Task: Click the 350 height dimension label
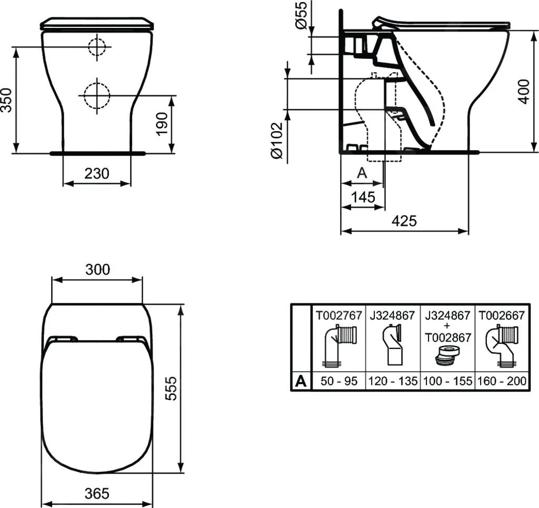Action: click(x=6, y=99)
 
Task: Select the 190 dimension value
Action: click(x=163, y=124)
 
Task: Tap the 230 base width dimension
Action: click(x=97, y=173)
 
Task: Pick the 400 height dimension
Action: click(x=524, y=91)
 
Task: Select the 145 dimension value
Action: click(x=363, y=197)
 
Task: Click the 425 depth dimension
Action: click(x=404, y=221)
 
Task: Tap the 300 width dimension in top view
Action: click(x=98, y=269)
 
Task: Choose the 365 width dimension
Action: click(x=97, y=493)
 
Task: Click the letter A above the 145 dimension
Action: click(x=362, y=173)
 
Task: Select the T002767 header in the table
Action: click(x=338, y=315)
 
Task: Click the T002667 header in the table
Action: click(x=502, y=315)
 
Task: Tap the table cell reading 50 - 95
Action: click(x=338, y=381)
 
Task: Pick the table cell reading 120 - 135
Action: click(x=393, y=381)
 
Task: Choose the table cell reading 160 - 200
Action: click(x=502, y=381)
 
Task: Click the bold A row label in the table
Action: click(x=301, y=381)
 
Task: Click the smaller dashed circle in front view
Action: click(x=96, y=47)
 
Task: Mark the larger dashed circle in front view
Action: click(x=96, y=95)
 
